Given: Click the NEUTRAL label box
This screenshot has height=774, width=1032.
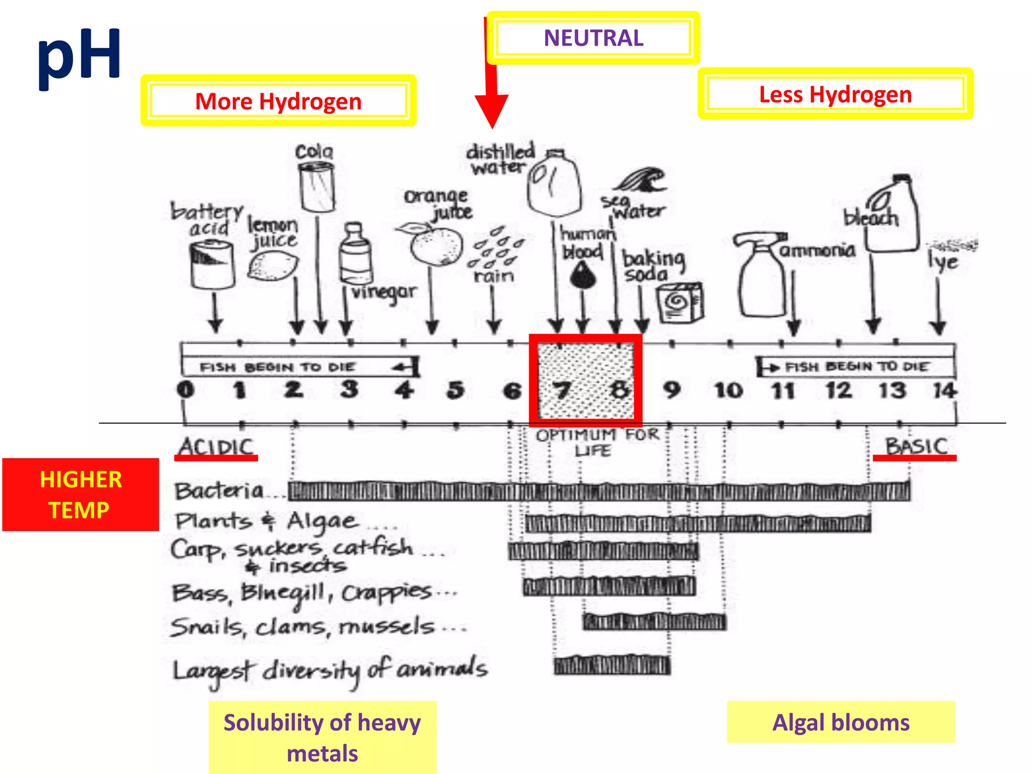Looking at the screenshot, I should pos(593,38).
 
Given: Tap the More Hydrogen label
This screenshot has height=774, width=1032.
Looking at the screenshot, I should pos(278,101).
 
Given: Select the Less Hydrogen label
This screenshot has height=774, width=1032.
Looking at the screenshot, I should pos(835,94).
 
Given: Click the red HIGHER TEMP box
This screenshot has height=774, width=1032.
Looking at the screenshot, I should pos(81,494).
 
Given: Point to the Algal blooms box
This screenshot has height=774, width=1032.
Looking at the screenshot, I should pos(841,722).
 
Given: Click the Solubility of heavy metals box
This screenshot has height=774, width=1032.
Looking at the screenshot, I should pos(322,737).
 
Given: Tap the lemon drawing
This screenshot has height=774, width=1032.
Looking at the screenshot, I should pos(273,266).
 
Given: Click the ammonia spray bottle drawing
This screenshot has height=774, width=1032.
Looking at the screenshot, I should pos(760,275).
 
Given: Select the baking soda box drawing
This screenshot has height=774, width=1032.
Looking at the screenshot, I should pos(680,302).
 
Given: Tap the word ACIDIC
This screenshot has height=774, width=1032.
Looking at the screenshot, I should pos(216,446).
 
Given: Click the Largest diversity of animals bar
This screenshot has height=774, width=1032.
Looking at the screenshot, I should pos(612,666).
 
